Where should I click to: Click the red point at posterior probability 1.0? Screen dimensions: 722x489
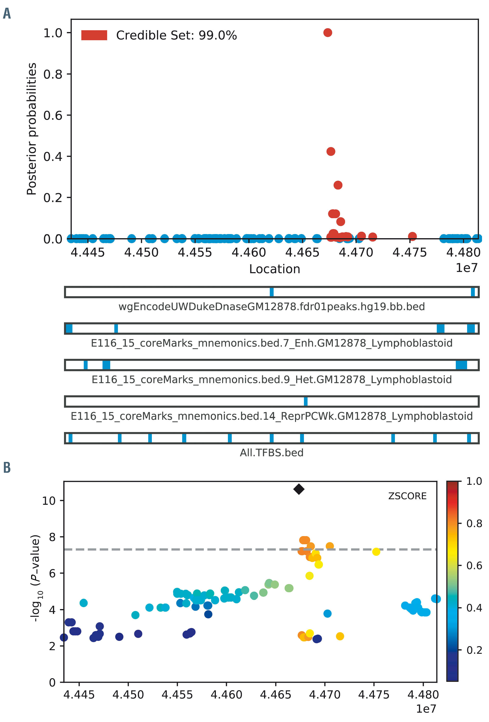click(328, 33)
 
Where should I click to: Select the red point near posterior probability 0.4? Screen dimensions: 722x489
click(331, 152)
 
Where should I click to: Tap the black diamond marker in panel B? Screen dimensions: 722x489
click(299, 489)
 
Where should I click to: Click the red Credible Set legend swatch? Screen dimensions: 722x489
click(94, 35)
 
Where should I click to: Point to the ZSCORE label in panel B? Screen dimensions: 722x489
click(407, 496)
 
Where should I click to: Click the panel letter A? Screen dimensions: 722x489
click(7, 14)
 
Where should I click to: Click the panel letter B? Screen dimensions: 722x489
click(7, 467)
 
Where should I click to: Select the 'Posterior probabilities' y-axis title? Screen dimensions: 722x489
click(32, 129)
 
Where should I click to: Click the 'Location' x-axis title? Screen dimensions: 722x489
click(275, 269)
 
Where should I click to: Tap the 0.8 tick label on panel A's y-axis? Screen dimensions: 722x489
click(53, 74)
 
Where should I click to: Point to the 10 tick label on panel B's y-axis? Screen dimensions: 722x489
click(49, 501)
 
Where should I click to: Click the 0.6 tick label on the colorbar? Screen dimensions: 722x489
click(474, 565)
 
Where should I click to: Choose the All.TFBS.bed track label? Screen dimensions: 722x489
click(271, 453)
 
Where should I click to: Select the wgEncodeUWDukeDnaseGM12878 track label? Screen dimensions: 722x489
click(271, 307)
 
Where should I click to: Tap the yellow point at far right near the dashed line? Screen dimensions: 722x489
click(376, 552)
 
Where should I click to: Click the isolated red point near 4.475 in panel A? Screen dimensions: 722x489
click(412, 236)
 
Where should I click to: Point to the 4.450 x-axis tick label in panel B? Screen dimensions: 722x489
click(128, 695)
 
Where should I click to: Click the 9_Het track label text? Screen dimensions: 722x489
click(271, 380)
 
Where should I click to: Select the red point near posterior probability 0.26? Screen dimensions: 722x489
click(338, 185)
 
